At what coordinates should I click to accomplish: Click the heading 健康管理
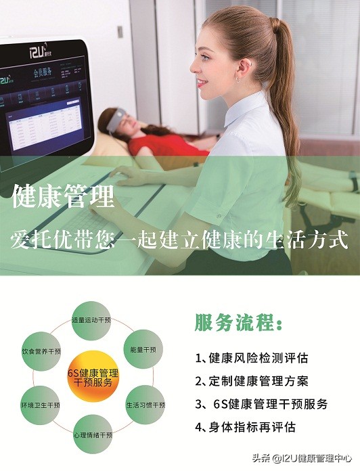[x=63, y=198]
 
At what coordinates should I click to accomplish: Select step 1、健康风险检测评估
[x=251, y=358]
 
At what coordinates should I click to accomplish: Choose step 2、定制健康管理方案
[x=251, y=381]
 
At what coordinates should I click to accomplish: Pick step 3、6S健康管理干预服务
[x=261, y=404]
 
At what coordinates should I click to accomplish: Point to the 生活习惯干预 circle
[x=145, y=405]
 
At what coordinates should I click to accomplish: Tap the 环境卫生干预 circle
[x=41, y=405]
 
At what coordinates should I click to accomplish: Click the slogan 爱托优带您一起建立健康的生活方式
[x=180, y=240]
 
